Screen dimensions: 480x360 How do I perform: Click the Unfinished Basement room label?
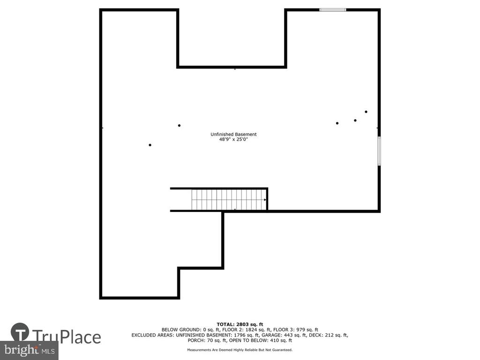tap(233, 134)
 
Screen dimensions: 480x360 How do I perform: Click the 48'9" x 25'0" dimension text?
tap(233, 139)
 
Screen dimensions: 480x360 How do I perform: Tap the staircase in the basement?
tap(229, 200)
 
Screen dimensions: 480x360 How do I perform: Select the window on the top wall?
tap(333, 10)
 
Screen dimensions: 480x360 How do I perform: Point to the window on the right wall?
tap(379, 151)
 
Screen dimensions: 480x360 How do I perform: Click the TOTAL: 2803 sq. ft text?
tap(240, 324)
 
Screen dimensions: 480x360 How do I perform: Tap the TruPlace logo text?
tap(67, 337)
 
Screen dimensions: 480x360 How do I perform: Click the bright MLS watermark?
tap(30, 350)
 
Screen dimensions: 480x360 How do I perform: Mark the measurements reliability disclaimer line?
tap(240, 350)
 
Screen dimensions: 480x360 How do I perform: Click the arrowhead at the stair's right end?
tap(265, 200)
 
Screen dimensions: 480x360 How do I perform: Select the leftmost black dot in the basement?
tap(150, 145)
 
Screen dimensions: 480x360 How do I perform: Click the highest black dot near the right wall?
tap(366, 112)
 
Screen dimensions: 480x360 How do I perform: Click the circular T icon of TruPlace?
tap(20, 332)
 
